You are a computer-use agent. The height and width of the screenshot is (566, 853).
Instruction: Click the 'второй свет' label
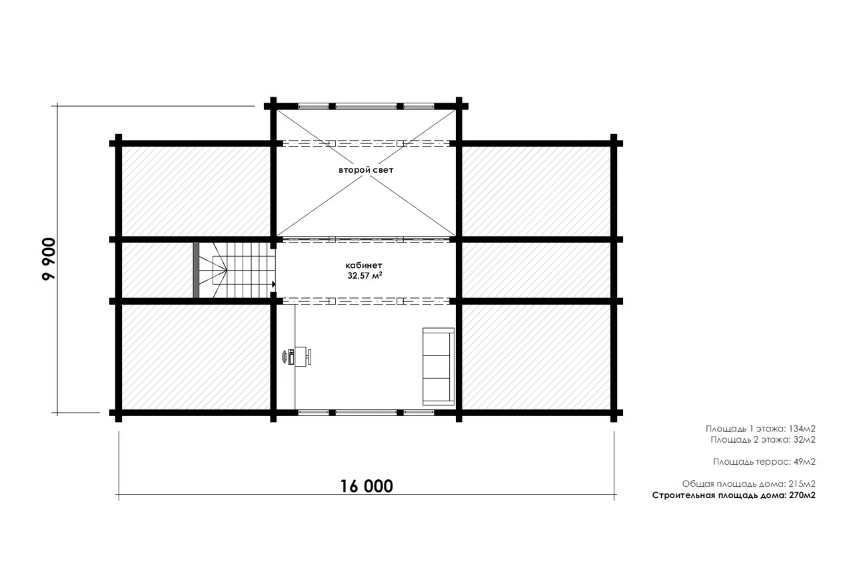pyautogui.click(x=366, y=170)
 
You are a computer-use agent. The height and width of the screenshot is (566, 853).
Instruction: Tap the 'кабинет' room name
pyautogui.click(x=364, y=265)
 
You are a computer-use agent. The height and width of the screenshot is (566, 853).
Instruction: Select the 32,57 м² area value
pyautogui.click(x=365, y=275)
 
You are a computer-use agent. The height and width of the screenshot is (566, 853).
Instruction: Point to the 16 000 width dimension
pyautogui.click(x=367, y=487)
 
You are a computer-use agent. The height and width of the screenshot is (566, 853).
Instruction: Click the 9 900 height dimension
pyautogui.click(x=49, y=259)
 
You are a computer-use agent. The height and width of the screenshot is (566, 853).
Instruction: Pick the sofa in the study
pyautogui.click(x=438, y=367)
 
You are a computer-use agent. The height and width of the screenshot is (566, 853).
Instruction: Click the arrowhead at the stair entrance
pyautogui.click(x=273, y=284)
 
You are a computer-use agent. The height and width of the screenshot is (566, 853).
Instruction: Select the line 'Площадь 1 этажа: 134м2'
pyautogui.click(x=760, y=429)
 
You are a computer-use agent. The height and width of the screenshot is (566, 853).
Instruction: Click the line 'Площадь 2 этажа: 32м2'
pyautogui.click(x=763, y=439)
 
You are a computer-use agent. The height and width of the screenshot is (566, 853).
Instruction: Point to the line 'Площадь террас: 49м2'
pyautogui.click(x=764, y=461)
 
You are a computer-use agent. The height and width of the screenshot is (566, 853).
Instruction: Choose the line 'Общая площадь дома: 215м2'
pyautogui.click(x=748, y=484)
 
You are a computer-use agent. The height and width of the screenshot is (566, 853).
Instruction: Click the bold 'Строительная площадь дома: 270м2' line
pyautogui.click(x=734, y=495)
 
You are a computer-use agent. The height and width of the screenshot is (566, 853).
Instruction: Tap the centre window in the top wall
pyautogui.click(x=366, y=106)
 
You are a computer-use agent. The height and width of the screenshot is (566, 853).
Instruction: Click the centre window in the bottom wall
pyautogui.click(x=366, y=413)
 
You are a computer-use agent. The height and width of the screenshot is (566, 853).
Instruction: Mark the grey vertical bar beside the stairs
pyautogui.click(x=196, y=270)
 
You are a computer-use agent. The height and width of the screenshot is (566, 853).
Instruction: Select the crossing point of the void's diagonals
pyautogui.click(x=366, y=173)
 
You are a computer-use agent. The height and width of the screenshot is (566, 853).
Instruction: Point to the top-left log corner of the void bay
pyautogui.click(x=273, y=106)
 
